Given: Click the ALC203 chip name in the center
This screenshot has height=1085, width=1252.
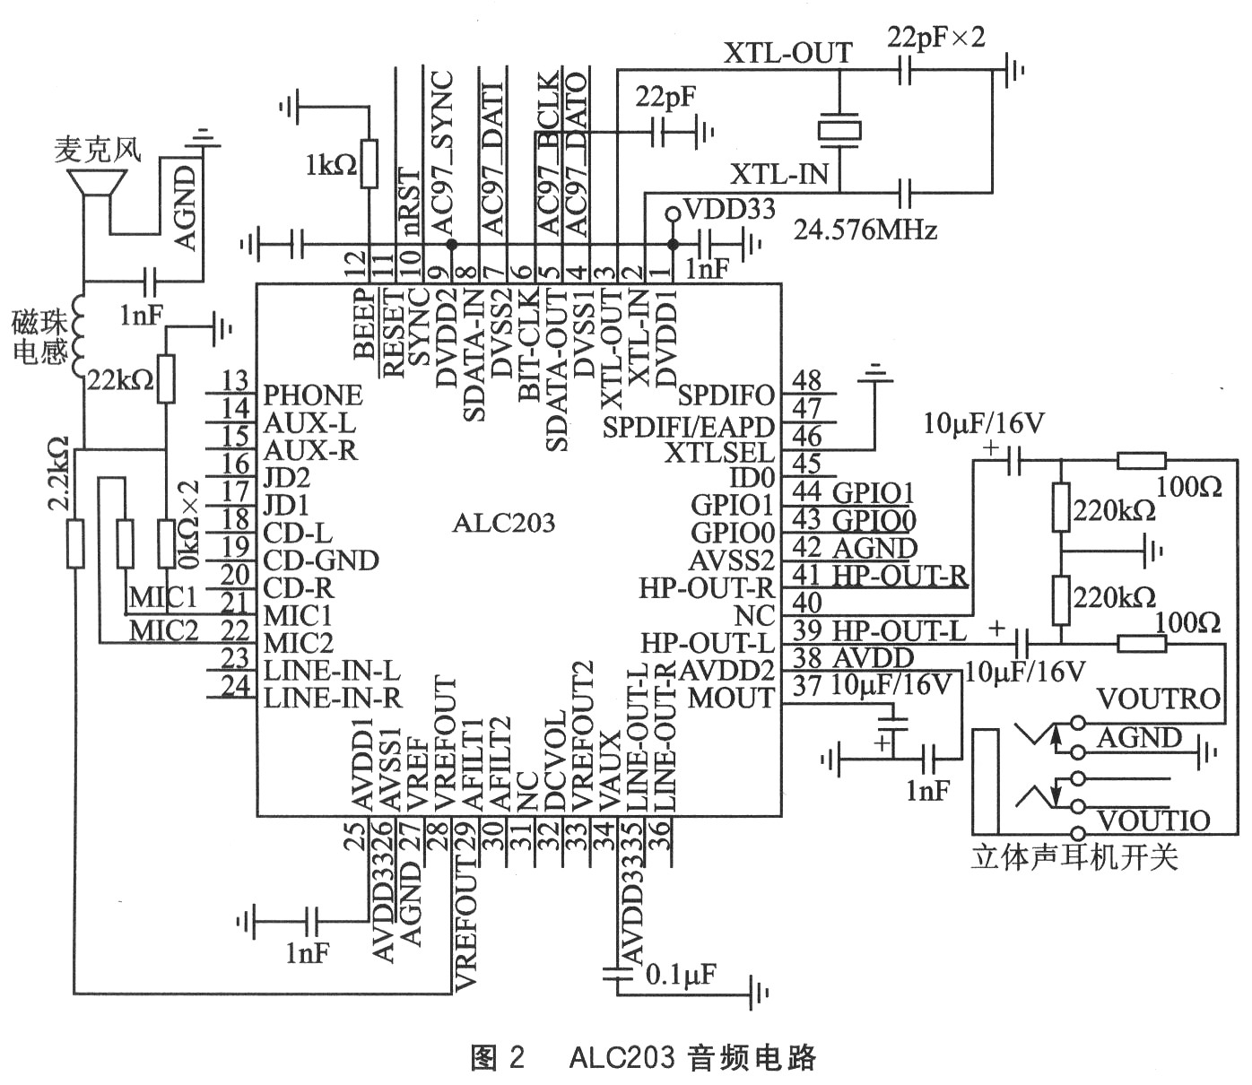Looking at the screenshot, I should point(503,524).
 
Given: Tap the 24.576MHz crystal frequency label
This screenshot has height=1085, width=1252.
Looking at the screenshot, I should point(865,230).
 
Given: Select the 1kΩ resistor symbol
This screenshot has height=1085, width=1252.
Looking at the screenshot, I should point(368,163).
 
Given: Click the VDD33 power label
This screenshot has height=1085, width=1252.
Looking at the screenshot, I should point(728,210).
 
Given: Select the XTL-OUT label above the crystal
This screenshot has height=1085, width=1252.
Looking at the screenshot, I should point(787,54).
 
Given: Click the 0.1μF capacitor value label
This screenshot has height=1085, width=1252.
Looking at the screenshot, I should point(681,975).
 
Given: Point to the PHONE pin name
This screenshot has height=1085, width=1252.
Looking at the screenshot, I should point(313,395).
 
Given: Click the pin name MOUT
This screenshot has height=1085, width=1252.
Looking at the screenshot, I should point(730,699).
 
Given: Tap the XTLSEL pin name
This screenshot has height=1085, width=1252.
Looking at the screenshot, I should point(718,451).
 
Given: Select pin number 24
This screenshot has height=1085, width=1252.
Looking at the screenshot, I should point(235,686).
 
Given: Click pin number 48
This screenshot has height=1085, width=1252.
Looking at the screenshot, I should point(806,380).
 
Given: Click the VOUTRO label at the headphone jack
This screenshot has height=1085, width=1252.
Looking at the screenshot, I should point(1158,698).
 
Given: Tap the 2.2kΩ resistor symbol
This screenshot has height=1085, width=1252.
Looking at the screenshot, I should point(76,543).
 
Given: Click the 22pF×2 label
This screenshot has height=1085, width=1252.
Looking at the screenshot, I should point(935,37).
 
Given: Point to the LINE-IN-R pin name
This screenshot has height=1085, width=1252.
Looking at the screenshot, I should point(332,699).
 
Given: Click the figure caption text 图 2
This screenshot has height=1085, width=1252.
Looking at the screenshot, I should point(497,1058).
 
